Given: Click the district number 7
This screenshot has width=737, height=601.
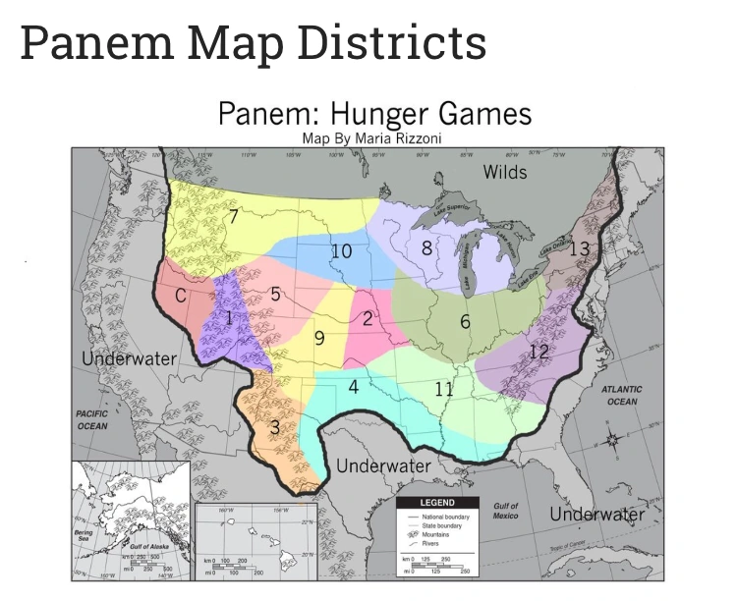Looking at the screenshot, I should [233, 218].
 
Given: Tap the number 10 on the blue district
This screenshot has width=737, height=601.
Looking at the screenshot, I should [341, 251].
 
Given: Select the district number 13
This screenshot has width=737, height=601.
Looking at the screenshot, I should [581, 249].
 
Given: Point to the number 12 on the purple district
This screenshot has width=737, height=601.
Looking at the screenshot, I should [538, 352].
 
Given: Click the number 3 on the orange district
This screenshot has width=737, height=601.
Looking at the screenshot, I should [275, 427].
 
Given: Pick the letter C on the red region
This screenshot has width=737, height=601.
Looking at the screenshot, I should [181, 295].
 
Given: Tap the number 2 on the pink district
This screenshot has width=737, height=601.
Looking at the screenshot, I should [368, 318].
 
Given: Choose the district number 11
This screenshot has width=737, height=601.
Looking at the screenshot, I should [444, 390].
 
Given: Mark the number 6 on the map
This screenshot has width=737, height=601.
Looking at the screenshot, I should [465, 321].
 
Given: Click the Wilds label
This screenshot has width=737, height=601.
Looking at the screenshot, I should [505, 173].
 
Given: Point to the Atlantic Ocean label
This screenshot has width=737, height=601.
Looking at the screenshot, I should [621, 395].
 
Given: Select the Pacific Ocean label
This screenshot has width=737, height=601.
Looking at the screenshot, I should [92, 420].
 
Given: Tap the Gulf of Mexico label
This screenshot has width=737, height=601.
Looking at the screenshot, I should [506, 511].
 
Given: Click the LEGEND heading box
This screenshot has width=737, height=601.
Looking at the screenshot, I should [436, 503].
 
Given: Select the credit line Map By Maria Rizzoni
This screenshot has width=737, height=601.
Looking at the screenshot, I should [373, 138].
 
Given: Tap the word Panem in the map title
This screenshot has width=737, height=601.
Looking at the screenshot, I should [262, 113].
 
